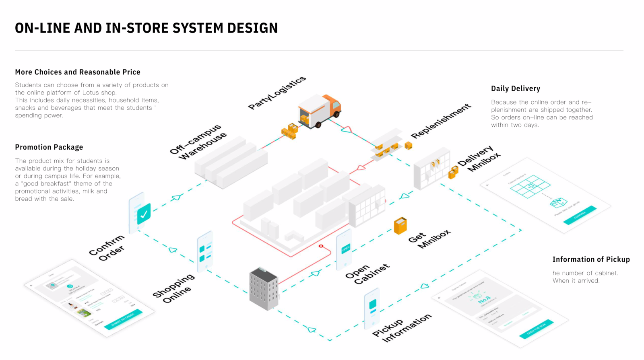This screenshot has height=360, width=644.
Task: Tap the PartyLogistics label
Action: coord(277,93)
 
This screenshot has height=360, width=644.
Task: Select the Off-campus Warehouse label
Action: coord(198,142)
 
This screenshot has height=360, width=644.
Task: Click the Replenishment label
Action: coord(441,121)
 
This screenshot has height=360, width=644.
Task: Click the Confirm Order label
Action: coord(107,247)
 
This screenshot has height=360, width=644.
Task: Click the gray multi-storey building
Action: coord(264,289)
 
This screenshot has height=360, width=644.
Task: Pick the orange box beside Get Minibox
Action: coord(400,226)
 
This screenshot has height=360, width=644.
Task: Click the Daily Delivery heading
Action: coord(516,88)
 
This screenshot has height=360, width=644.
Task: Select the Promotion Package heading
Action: coord(49,147)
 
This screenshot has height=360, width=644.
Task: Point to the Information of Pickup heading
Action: coord(591,259)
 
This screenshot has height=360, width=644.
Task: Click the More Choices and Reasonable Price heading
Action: coord(78,72)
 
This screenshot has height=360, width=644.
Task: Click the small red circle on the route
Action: coord(321,246)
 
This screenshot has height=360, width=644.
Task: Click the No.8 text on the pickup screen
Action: coord(484,300)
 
